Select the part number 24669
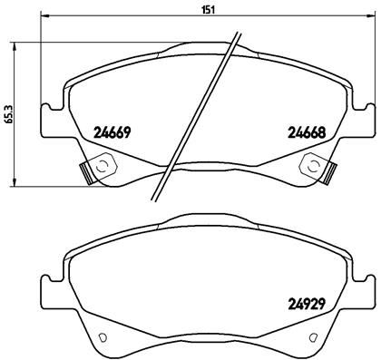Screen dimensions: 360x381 113,131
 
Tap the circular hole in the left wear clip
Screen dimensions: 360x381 102,165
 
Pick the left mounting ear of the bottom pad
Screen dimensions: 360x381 50,290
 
